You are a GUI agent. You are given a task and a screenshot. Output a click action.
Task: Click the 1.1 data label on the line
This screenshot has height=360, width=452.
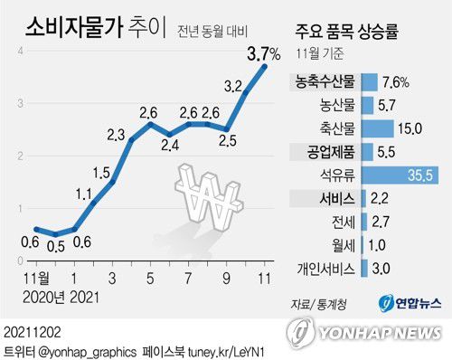(83, 193)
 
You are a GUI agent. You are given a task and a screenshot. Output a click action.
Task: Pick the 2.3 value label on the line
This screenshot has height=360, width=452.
(116, 135)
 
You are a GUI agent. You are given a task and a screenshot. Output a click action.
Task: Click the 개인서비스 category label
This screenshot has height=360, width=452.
(325, 269)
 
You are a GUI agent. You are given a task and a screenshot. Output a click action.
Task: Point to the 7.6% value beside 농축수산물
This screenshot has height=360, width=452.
(395, 81)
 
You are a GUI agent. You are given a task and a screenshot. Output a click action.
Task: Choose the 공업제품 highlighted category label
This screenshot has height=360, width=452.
(325, 151)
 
